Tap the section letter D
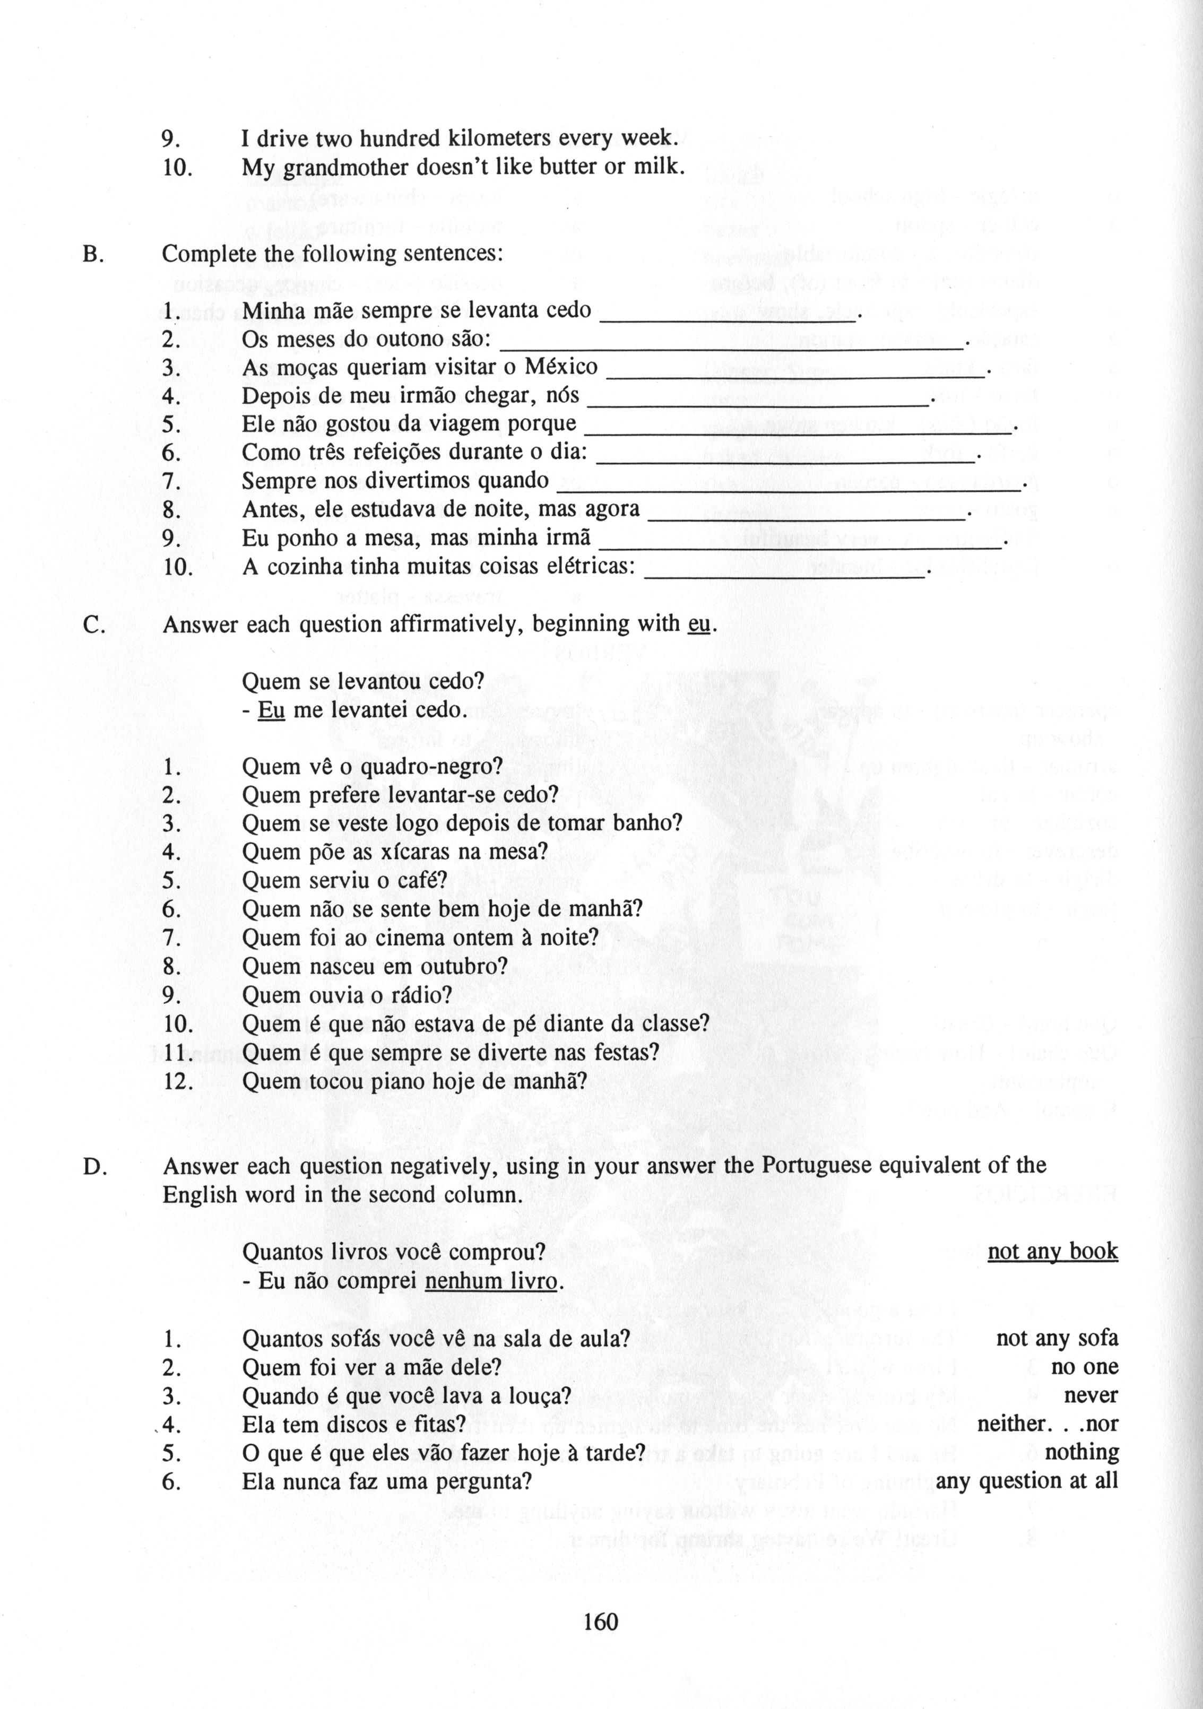pyautogui.click(x=94, y=1166)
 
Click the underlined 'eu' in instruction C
pyautogui.click(x=699, y=624)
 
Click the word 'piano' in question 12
pyautogui.click(x=446, y=1081)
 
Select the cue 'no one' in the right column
pyautogui.click(x=1085, y=1367)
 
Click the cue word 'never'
pyautogui.click(x=1092, y=1395)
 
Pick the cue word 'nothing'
pyautogui.click(x=1081, y=1452)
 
